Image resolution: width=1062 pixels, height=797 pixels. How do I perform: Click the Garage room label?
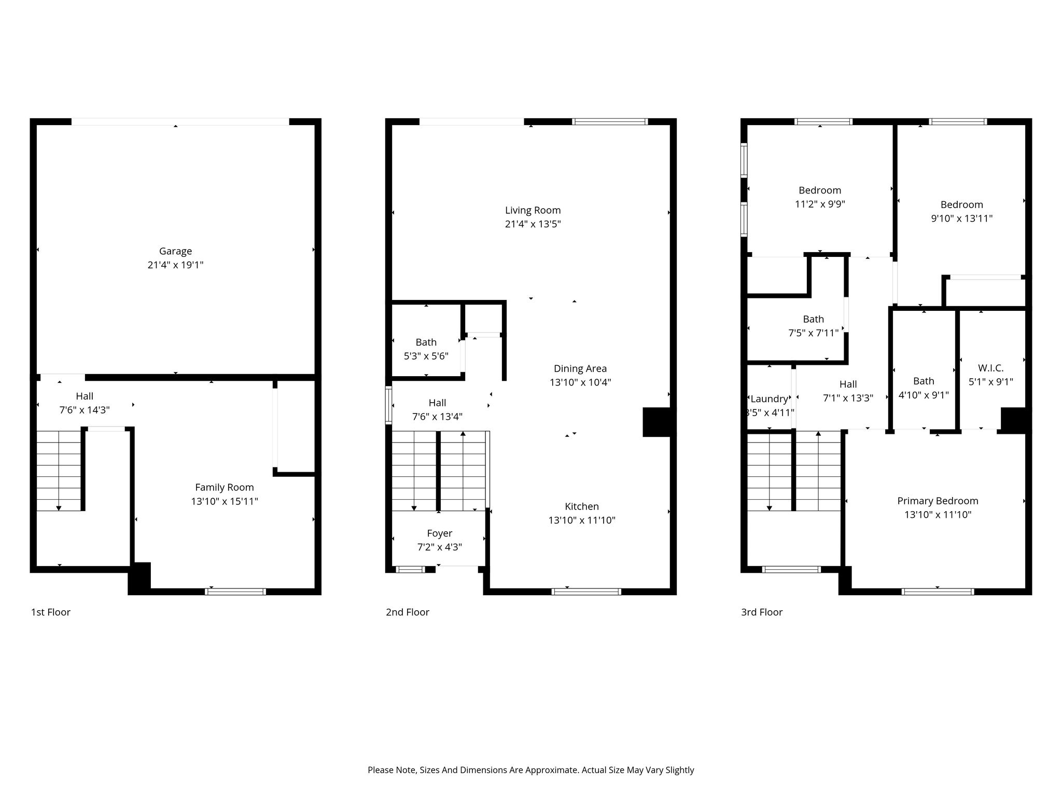pyautogui.click(x=175, y=251)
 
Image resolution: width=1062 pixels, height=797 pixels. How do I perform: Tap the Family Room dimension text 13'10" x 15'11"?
pyautogui.click(x=225, y=501)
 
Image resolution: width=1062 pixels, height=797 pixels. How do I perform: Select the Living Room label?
pyautogui.click(x=533, y=210)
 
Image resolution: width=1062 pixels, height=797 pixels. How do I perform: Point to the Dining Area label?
pyautogui.click(x=580, y=368)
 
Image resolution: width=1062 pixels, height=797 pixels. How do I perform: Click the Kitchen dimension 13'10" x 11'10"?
pyautogui.click(x=582, y=520)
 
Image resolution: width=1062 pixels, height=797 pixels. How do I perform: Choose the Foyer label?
pyautogui.click(x=440, y=533)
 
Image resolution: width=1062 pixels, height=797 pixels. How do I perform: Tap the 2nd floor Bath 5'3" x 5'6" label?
pyautogui.click(x=426, y=349)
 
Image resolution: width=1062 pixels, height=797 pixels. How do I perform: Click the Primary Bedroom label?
pyautogui.click(x=938, y=501)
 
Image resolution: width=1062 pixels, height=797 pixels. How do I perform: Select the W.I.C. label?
pyautogui.click(x=991, y=368)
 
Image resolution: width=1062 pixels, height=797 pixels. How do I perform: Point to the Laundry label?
pyautogui.click(x=770, y=398)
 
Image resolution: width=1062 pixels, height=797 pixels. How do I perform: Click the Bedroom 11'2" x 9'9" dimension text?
pyautogui.click(x=820, y=204)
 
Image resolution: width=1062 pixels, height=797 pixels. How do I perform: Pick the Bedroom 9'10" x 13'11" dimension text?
pyautogui.click(x=962, y=218)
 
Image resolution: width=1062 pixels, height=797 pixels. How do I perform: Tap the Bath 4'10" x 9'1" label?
pyautogui.click(x=924, y=388)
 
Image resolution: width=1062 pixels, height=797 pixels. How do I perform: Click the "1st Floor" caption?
pyautogui.click(x=51, y=612)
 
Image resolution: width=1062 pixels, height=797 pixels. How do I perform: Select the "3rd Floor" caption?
pyautogui.click(x=762, y=612)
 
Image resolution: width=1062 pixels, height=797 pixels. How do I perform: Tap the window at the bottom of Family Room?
pyautogui.click(x=236, y=592)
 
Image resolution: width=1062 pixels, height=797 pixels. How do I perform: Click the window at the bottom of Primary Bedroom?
pyautogui.click(x=938, y=592)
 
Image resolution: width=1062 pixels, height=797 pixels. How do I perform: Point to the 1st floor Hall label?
pyautogui.click(x=85, y=403)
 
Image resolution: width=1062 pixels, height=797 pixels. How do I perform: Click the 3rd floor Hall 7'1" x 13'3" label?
pyautogui.click(x=848, y=391)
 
